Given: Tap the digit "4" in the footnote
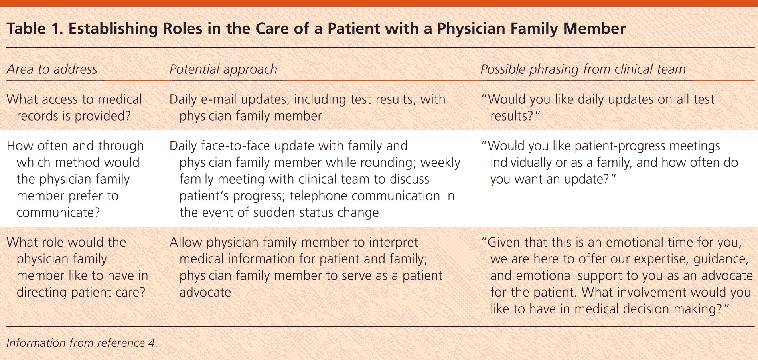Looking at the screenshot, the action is click(152, 343).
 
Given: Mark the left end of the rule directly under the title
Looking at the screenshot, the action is click(6, 47).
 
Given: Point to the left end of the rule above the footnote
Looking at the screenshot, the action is click(6, 326).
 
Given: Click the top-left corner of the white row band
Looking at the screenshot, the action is click(0, 130).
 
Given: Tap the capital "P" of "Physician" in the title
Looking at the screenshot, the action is click(442, 29).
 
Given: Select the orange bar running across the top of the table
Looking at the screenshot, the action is click(379, 3).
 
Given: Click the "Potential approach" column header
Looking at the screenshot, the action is click(223, 69).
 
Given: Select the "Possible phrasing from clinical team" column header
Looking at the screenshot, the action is click(583, 69).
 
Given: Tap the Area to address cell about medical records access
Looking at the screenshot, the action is click(75, 107).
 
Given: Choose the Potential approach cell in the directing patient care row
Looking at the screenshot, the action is click(306, 267).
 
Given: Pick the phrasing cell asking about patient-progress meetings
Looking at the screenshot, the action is click(610, 162).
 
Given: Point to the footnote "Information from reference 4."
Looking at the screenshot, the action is click(82, 343).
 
